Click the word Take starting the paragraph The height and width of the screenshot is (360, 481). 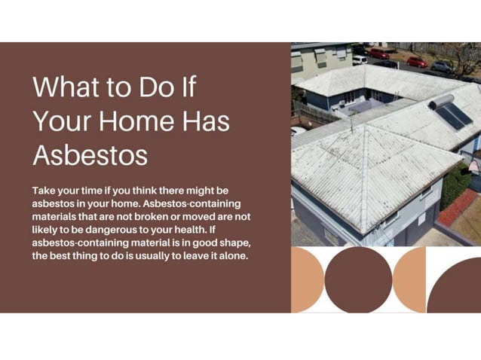[44, 191]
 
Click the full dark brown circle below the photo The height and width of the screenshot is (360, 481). [359, 279]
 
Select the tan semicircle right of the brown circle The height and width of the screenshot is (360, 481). [412, 279]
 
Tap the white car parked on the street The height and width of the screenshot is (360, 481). [360, 59]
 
